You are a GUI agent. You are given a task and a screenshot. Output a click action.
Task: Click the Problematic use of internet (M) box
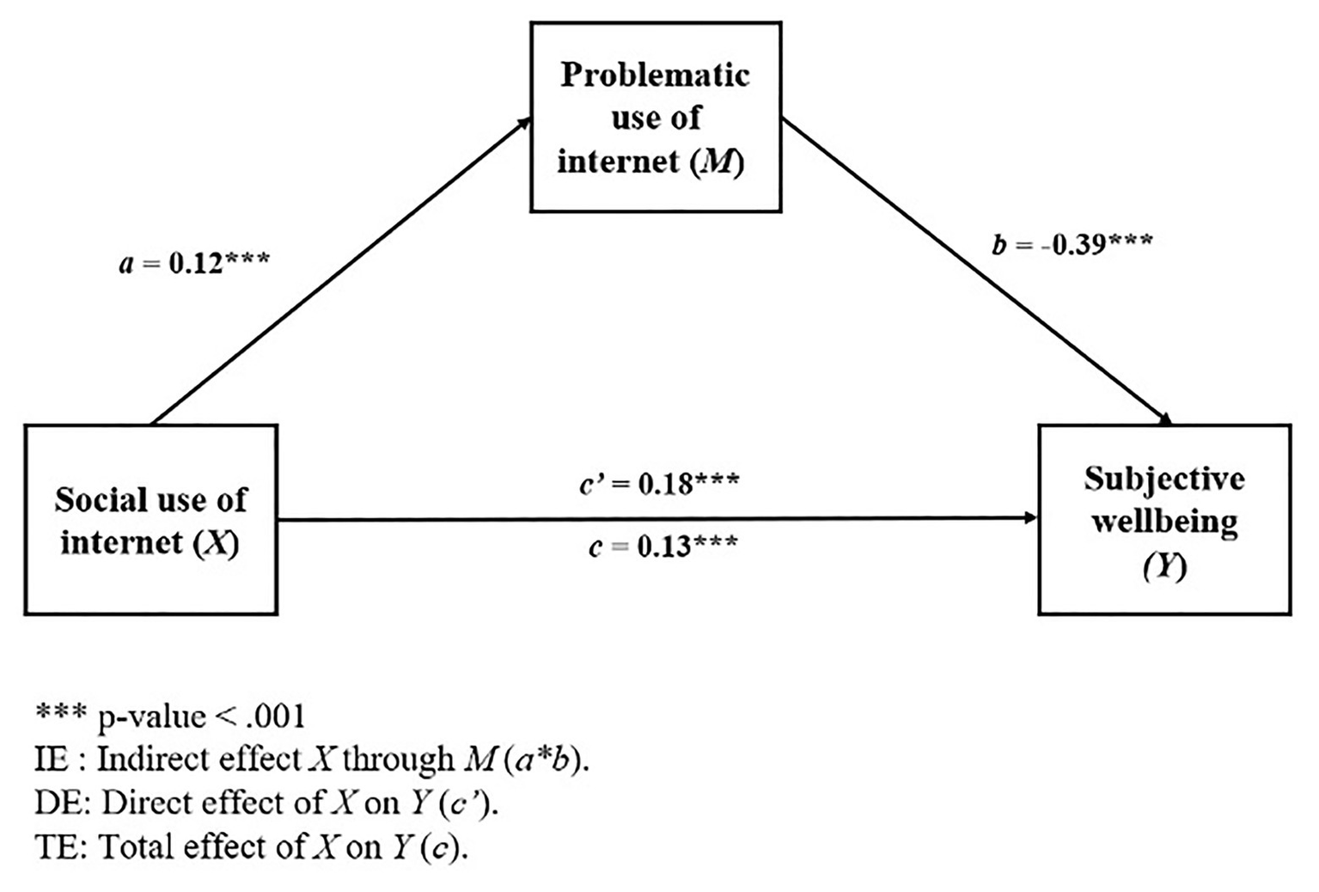click(x=656, y=117)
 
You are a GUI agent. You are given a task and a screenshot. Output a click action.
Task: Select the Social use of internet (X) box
click(x=151, y=520)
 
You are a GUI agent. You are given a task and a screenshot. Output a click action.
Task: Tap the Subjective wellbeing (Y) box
click(x=1164, y=520)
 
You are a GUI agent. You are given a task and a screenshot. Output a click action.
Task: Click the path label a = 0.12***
click(x=194, y=262)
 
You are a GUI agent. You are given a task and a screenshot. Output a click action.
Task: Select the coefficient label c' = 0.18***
click(x=658, y=484)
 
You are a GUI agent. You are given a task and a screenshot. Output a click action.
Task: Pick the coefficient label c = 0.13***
click(x=663, y=546)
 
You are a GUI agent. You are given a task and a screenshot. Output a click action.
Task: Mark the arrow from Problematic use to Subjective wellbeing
click(x=975, y=272)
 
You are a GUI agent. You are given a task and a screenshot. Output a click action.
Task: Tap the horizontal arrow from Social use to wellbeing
click(x=657, y=518)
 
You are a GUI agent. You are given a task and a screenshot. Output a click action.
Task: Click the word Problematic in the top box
click(x=656, y=76)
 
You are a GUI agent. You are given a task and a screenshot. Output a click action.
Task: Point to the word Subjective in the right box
click(x=1164, y=479)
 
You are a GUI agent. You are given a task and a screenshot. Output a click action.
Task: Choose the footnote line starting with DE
click(x=267, y=803)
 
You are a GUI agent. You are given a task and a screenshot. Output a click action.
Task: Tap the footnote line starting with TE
click(x=252, y=847)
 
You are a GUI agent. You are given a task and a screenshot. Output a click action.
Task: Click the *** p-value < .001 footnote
click(x=170, y=716)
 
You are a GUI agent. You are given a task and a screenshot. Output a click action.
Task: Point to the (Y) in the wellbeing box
click(x=1164, y=566)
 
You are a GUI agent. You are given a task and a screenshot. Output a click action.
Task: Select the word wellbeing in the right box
click(x=1164, y=522)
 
